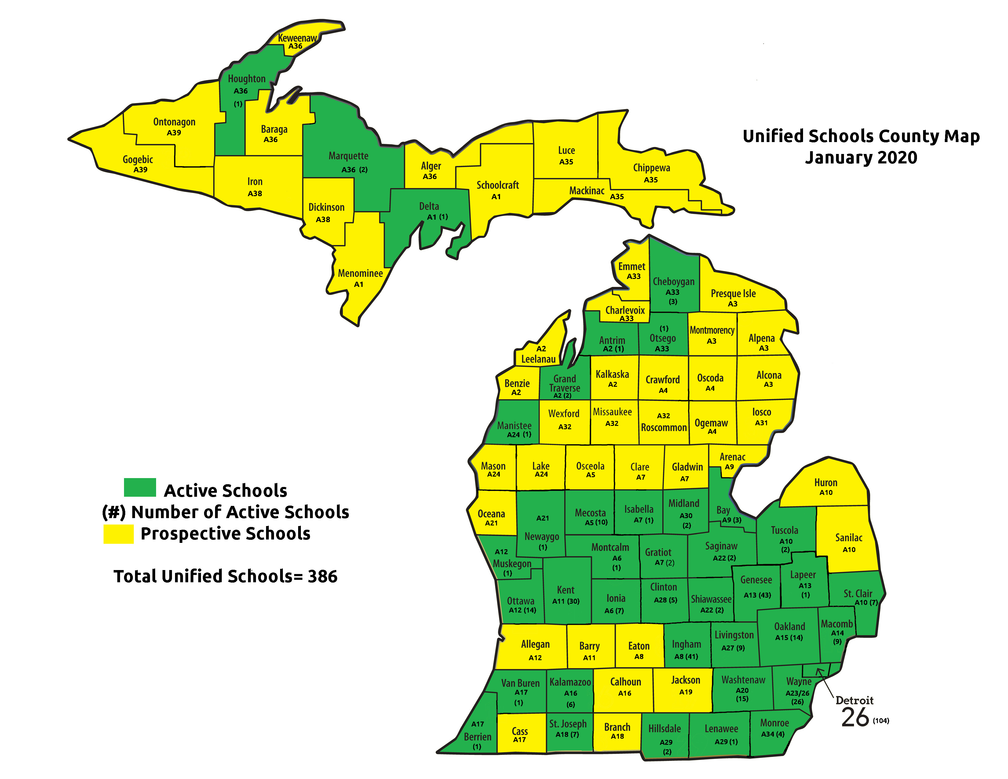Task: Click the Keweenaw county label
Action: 297,38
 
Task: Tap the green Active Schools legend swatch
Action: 140,487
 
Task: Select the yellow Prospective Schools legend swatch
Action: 118,534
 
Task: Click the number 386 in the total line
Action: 323,576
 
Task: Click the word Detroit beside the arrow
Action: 854,700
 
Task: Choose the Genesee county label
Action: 756,580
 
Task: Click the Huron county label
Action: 825,483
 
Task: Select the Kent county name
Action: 565,590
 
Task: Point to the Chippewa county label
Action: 651,168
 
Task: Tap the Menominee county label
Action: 360,273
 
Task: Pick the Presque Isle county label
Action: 733,294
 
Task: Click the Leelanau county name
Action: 538,359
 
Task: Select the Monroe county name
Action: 774,723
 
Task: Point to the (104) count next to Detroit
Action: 881,721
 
